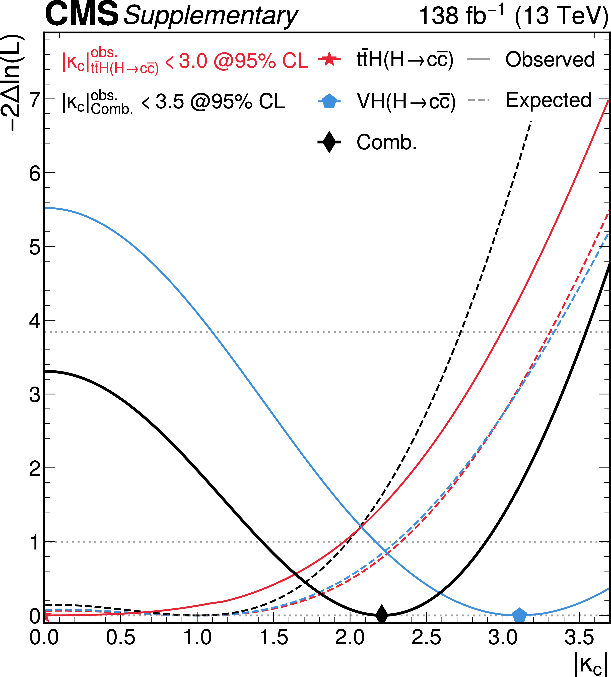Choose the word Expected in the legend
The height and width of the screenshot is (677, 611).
pyautogui.click(x=549, y=100)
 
